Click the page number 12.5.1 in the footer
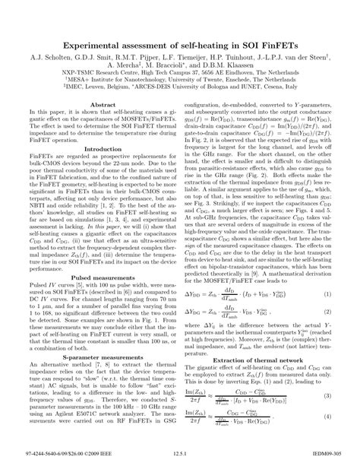[x=180, y=456]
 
